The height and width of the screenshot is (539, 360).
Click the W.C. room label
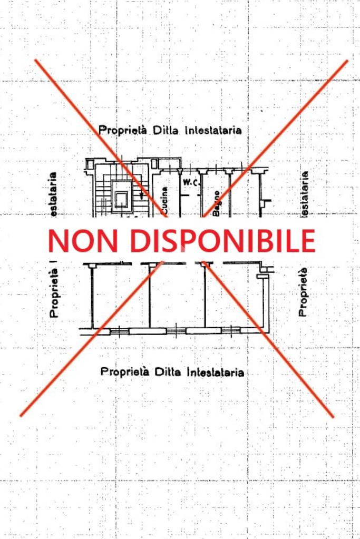[x=190, y=183]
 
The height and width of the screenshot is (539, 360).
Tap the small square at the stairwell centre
[x=121, y=199]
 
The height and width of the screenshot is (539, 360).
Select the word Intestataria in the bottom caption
[x=215, y=372]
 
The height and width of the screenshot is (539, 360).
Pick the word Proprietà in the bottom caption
[x=125, y=372]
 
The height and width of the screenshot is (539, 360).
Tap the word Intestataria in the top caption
[x=213, y=130]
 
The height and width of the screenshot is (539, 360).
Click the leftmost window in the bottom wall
[x=119, y=331]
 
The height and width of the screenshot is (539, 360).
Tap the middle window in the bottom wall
[x=177, y=331]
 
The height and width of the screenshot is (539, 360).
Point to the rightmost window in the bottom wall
[x=231, y=331]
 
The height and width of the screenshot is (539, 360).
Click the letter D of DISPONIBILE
[x=140, y=240]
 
